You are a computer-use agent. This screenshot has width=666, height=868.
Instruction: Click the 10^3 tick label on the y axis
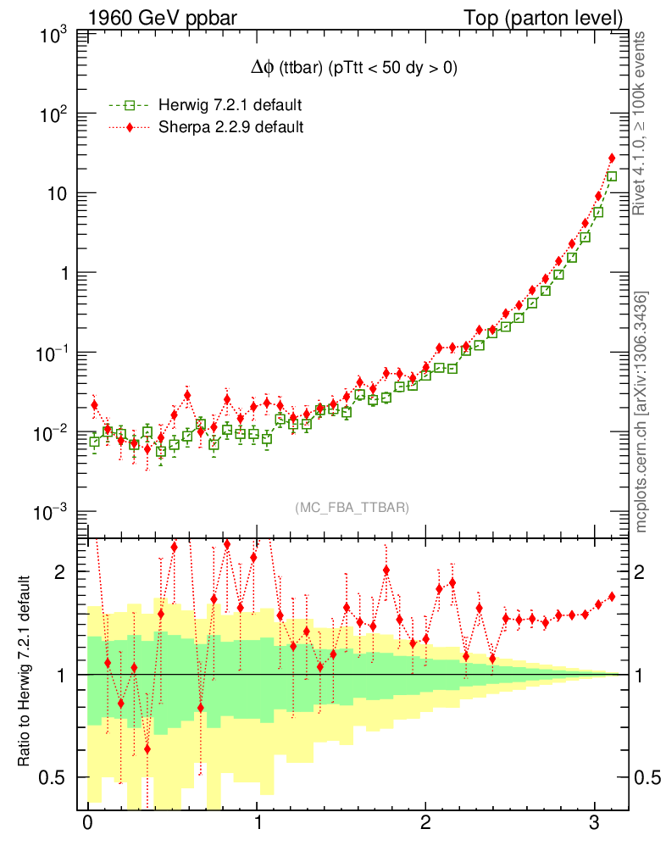(53, 36)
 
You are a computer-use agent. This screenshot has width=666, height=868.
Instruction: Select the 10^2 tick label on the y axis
(53, 114)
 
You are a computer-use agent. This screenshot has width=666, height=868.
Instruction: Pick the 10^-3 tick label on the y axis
(50, 512)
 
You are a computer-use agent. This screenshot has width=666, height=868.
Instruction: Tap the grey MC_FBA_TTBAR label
(352, 508)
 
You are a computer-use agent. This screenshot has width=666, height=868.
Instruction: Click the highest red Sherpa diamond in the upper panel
(612, 159)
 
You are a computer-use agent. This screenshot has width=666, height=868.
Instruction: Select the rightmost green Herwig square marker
(612, 176)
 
